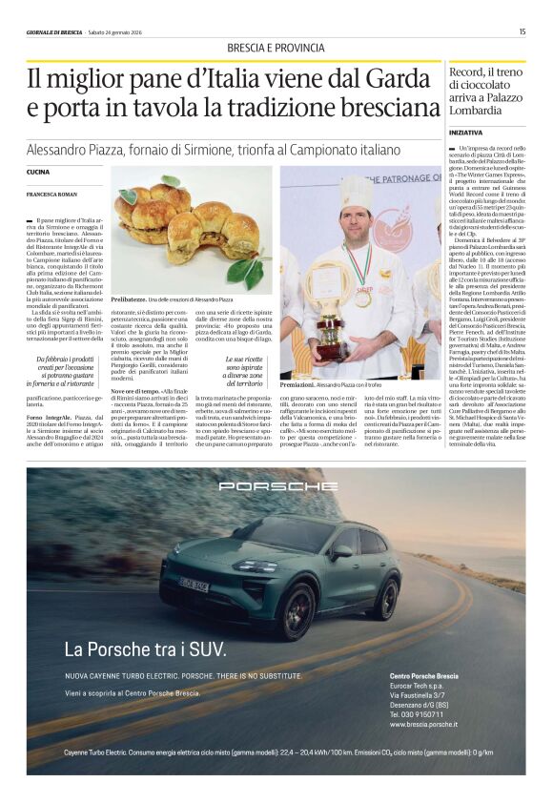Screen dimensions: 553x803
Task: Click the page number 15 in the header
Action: click(522, 31)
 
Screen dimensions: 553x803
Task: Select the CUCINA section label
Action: click(38, 172)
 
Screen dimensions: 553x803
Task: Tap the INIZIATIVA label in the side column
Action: click(465, 132)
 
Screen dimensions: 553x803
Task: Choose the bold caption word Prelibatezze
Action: click(133, 299)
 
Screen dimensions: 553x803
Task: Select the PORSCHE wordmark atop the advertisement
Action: click(276, 485)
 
